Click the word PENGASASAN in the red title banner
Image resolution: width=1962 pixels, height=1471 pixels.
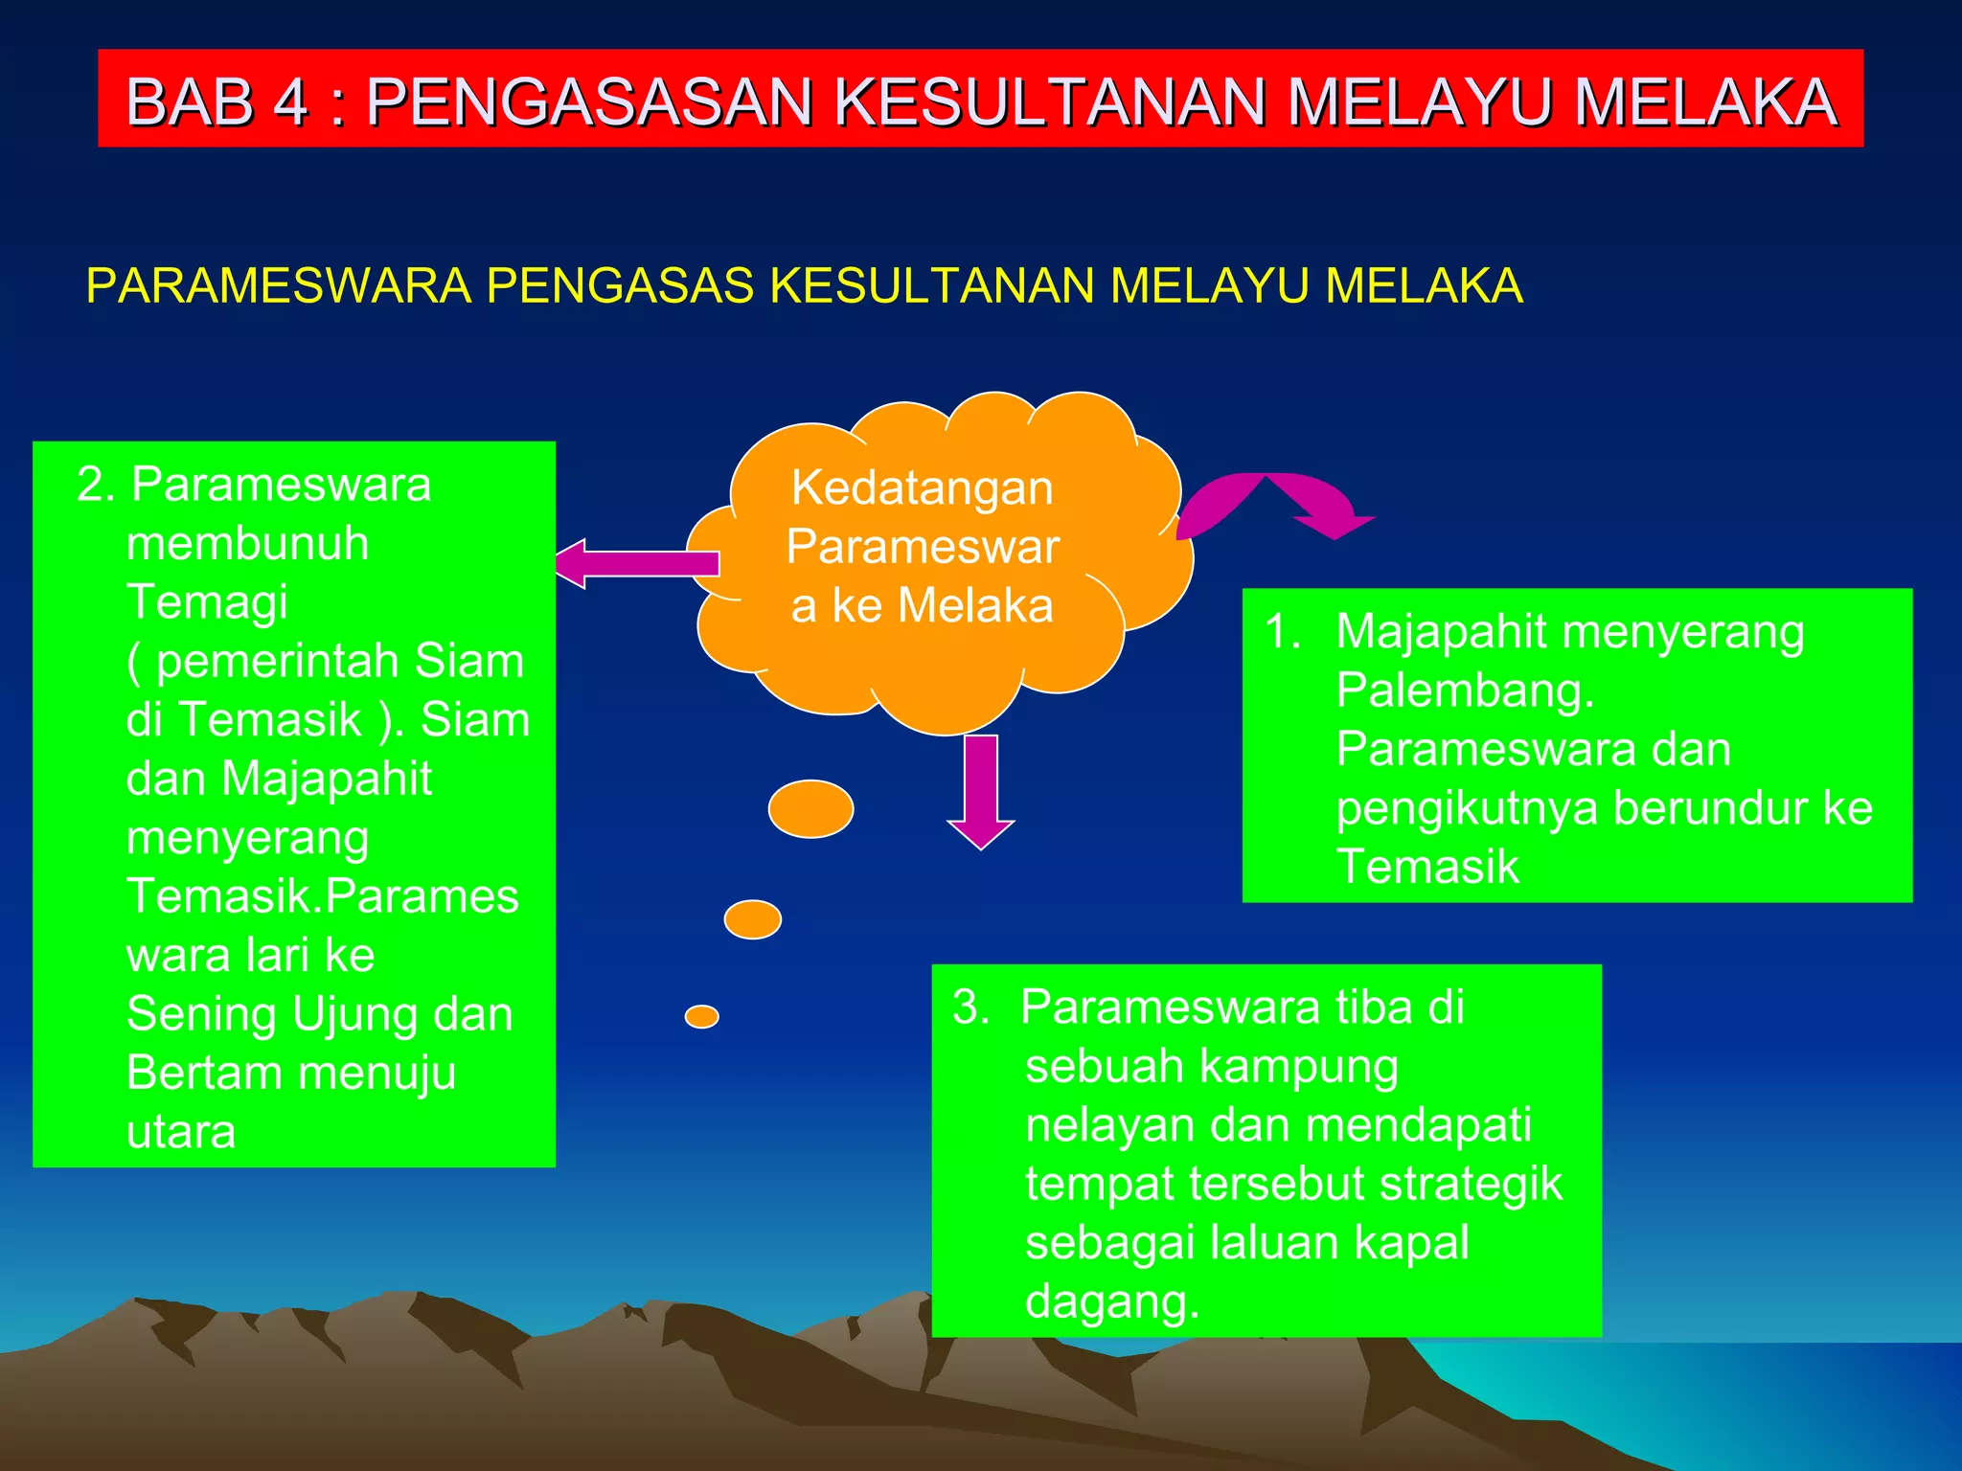[x=591, y=102]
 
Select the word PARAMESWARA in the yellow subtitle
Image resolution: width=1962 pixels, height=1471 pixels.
[x=278, y=285]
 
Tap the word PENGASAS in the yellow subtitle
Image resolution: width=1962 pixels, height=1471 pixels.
[x=619, y=285]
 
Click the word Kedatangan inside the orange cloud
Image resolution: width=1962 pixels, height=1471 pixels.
[x=922, y=487]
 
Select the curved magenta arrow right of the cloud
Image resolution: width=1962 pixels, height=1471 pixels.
[x=1274, y=502]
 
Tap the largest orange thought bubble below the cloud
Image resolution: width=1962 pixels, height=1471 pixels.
[x=810, y=809]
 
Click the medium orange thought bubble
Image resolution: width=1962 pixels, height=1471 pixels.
[x=752, y=919]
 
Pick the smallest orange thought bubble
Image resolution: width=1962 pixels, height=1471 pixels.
[x=701, y=1016]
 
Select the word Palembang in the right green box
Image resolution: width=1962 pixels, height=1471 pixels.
[x=1464, y=690]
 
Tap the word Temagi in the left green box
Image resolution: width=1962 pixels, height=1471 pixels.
[x=207, y=602]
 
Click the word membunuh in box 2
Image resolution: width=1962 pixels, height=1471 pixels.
[x=247, y=544]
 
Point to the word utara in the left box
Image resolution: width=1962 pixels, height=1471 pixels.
[x=181, y=1132]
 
